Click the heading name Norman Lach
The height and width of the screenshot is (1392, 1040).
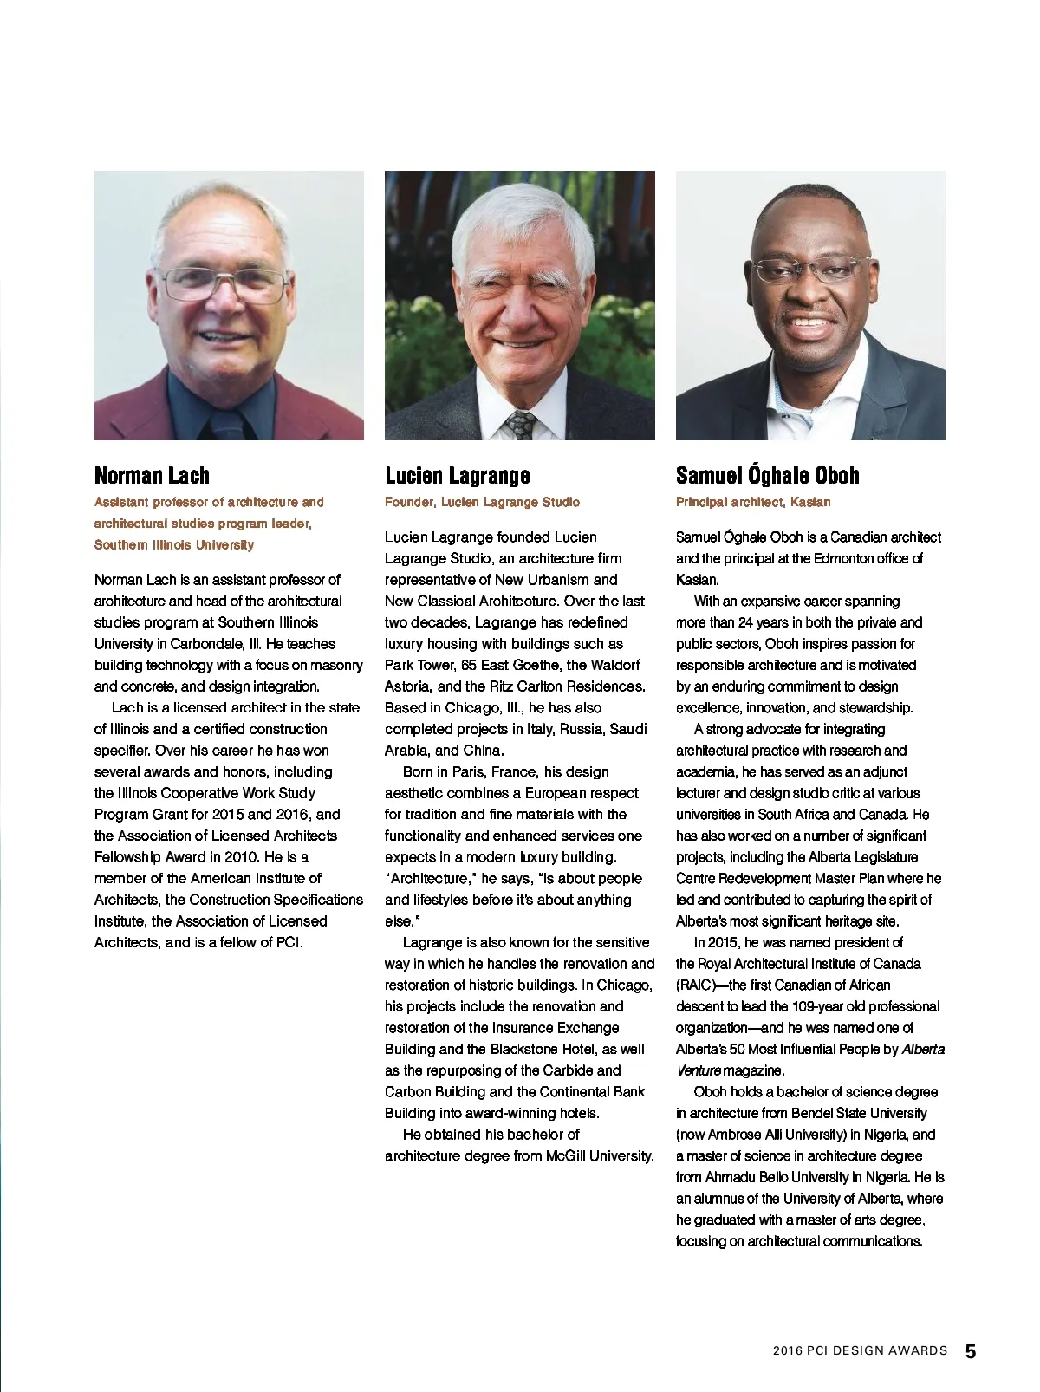[x=152, y=475]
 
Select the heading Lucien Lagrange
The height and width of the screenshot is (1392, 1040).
[x=457, y=475]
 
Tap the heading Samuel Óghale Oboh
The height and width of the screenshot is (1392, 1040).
[x=767, y=475]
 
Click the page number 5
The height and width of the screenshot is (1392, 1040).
[x=971, y=1351]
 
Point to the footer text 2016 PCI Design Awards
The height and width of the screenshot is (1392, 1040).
[x=860, y=1351]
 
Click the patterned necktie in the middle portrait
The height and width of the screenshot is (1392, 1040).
[x=521, y=425]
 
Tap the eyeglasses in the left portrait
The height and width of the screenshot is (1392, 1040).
[x=225, y=284]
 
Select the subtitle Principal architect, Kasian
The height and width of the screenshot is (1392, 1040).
[x=752, y=502]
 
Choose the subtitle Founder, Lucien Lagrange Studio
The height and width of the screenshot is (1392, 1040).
[x=482, y=502]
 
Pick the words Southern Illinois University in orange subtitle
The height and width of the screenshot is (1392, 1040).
[x=173, y=545]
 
